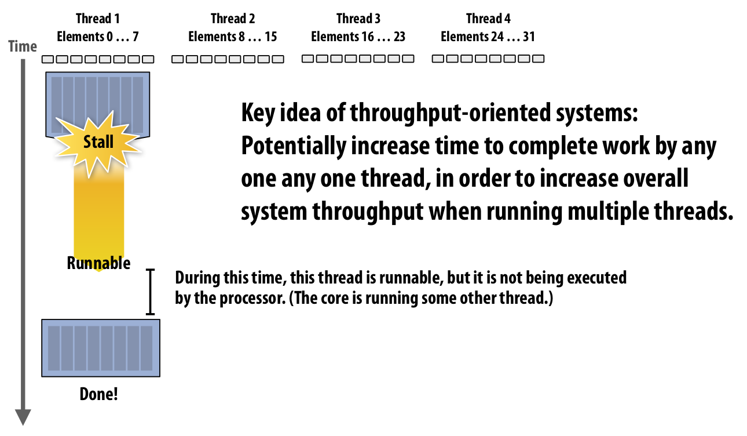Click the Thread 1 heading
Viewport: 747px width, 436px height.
click(98, 19)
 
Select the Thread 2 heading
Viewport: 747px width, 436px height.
click(233, 19)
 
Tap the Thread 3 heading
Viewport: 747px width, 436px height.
click(358, 19)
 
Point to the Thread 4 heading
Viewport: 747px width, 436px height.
click(488, 19)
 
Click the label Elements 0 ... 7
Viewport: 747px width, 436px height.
click(98, 37)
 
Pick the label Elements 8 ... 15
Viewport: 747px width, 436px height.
click(233, 37)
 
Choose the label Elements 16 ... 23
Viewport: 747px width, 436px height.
click(358, 37)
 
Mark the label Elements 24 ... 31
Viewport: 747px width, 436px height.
click(488, 37)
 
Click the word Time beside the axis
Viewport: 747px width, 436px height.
click(23, 46)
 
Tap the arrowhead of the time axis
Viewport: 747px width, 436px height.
click(23, 417)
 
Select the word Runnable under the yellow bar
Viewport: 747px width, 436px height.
click(98, 263)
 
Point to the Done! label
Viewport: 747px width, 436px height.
click(98, 394)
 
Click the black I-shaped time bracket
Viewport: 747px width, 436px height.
click(151, 292)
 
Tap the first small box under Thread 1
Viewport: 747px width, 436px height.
click(47, 59)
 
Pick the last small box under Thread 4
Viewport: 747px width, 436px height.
click(538, 59)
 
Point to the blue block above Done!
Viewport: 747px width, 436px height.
click(101, 348)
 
